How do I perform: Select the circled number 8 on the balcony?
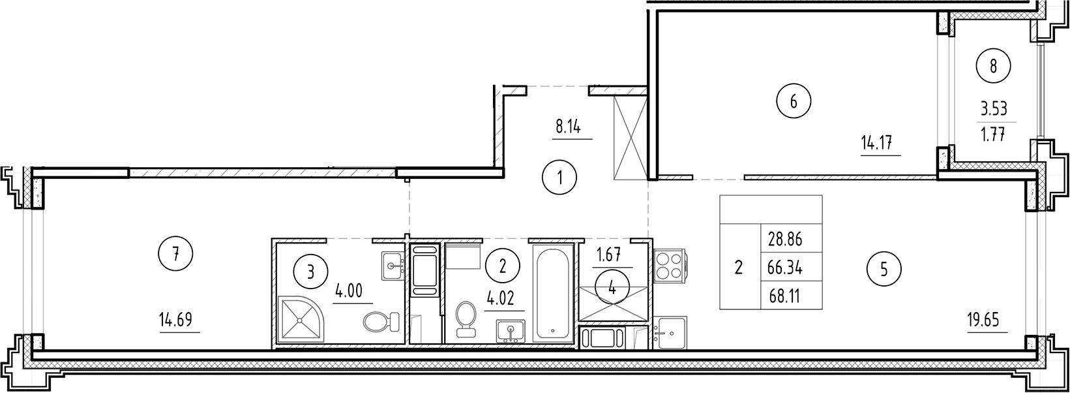(x=993, y=65)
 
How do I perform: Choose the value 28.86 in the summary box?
(x=784, y=239)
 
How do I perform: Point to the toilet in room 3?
(x=379, y=321)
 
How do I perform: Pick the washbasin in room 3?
(x=393, y=265)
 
